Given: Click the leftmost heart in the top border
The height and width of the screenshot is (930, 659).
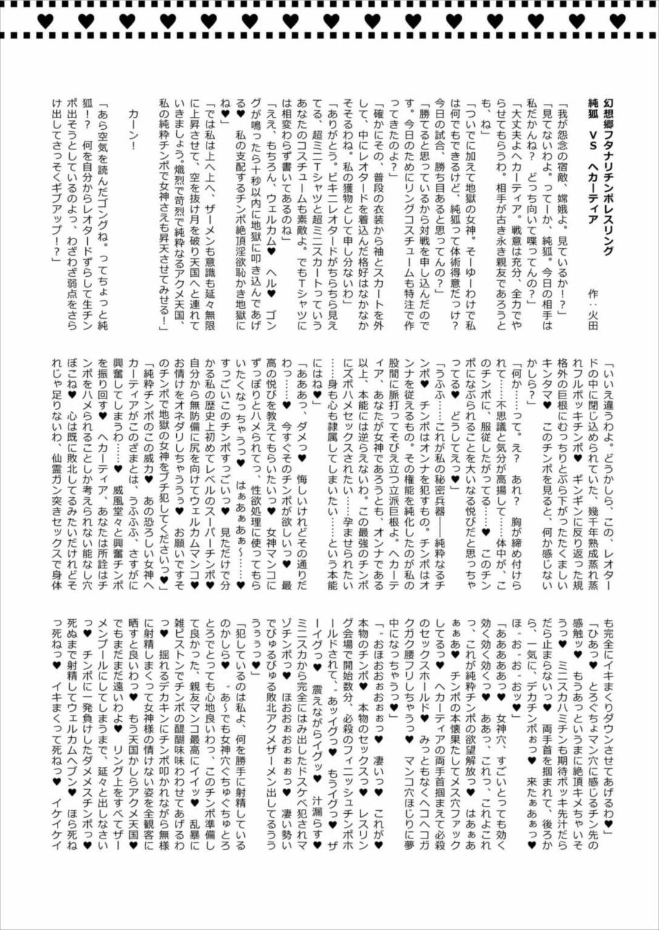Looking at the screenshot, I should [45, 21].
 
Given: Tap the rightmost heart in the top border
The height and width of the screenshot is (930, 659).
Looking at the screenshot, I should [617, 21].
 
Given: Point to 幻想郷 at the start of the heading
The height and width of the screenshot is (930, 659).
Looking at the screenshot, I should [608, 114].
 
